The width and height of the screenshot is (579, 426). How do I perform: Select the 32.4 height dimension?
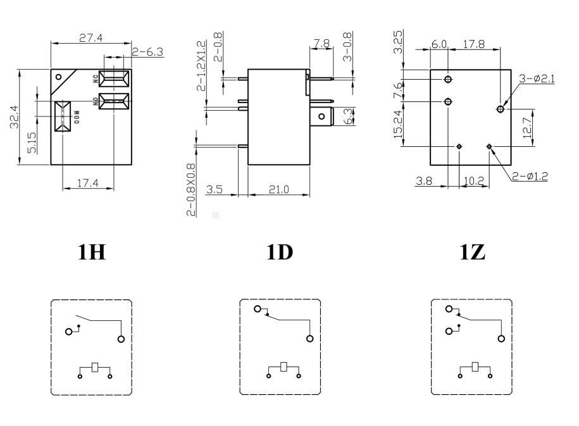click(13, 117)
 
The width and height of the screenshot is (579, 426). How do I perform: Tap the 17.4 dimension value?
click(88, 183)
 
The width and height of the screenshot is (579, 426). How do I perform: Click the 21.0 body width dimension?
click(278, 189)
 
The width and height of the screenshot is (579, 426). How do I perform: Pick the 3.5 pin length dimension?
click(215, 189)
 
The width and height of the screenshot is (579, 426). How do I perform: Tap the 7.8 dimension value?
click(321, 44)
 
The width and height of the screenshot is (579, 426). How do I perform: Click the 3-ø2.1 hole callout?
click(536, 78)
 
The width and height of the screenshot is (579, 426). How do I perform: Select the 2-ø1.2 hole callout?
click(530, 177)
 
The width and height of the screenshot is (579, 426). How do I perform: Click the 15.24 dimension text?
click(397, 123)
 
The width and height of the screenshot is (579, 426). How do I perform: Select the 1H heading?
click(91, 253)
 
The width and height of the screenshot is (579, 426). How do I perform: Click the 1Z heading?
click(471, 253)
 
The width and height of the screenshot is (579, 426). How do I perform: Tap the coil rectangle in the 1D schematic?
click(284, 366)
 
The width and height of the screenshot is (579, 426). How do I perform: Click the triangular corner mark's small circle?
click(59, 78)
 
